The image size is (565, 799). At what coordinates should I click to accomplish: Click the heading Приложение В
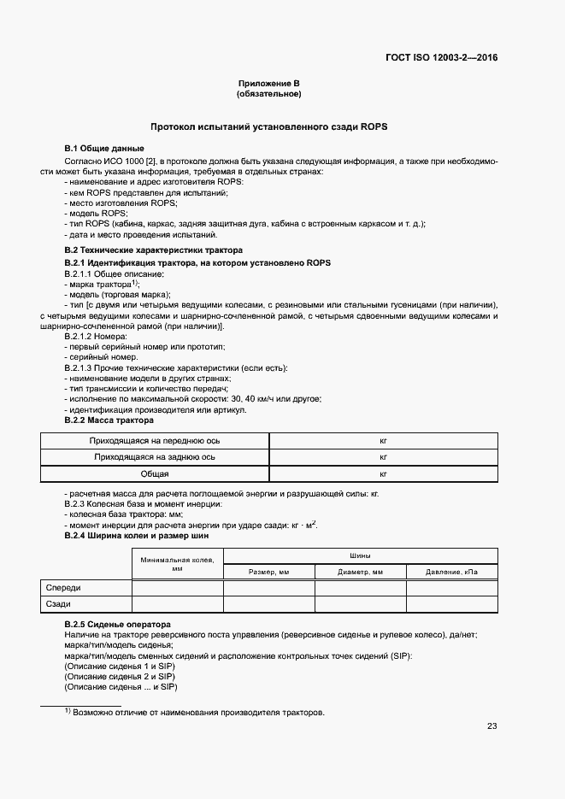[269, 83]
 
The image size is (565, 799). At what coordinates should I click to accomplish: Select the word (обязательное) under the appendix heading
[269, 93]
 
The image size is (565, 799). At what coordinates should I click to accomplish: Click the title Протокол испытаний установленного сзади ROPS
[269, 126]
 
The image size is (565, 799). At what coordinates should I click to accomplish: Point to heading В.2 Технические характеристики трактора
[154, 250]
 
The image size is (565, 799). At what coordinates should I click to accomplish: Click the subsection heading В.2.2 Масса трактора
[109, 420]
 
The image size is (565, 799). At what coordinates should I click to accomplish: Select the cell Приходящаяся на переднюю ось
[156, 441]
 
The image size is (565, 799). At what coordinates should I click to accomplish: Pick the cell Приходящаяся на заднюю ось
[156, 457]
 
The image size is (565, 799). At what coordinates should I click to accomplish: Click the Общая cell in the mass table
[156, 473]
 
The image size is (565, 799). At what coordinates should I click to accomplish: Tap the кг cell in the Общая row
[383, 473]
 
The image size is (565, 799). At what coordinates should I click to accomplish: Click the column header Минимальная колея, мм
[178, 563]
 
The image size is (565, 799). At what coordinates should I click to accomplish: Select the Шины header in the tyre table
[360, 555]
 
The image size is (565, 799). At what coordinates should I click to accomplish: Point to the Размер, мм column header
[269, 572]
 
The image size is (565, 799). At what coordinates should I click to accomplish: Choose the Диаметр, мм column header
[360, 572]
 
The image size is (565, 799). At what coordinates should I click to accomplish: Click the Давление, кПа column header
[451, 572]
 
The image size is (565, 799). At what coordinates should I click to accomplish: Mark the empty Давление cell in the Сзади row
[451, 604]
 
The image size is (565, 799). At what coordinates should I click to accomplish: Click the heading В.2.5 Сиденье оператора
[118, 625]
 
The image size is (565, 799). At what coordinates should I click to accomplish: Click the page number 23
[491, 726]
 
